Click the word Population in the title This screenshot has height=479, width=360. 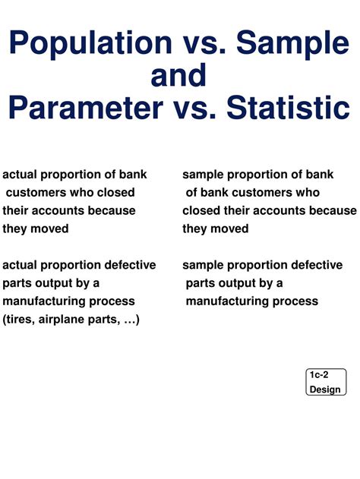(x=89, y=43)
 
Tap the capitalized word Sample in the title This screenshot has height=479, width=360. (x=292, y=43)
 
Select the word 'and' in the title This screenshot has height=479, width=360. (x=178, y=76)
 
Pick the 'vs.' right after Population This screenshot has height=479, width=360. (x=203, y=43)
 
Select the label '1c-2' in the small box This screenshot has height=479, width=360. (x=319, y=375)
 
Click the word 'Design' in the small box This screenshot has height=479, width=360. (x=325, y=389)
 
